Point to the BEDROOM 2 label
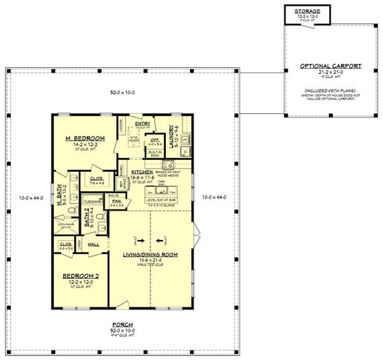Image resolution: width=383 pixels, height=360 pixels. coord(80,276)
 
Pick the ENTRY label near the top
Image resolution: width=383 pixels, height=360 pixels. coord(142,123)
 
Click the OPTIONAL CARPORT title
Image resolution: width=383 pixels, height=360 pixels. coord(331,66)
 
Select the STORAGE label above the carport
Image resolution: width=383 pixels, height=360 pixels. coord(304,11)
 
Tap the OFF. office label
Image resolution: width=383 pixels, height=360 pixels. coord(153,140)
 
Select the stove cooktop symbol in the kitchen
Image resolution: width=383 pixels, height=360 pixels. coord(169,163)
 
